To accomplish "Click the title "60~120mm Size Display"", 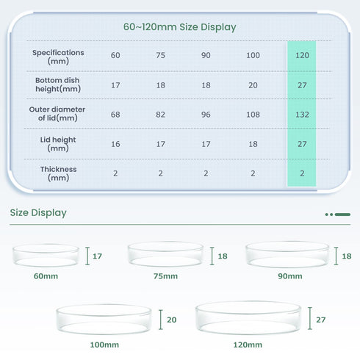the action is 179,27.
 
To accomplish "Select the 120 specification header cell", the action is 302,55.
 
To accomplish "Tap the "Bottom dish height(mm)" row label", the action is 58,84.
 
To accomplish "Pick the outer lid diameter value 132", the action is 302,115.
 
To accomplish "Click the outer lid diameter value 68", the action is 115,115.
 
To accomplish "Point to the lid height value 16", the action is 115,144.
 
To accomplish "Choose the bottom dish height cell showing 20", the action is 253,85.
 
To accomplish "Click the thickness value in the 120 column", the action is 302,173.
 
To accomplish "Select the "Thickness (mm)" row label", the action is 58,173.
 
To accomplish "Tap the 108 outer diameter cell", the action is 253,115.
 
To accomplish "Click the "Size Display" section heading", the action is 38,212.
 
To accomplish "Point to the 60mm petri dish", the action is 46,255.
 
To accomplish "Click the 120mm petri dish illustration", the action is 248,317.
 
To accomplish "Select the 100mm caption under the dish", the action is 104,345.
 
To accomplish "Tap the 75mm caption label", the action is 165,276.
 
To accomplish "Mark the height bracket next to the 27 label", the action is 310,318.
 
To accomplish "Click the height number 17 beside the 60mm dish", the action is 97,256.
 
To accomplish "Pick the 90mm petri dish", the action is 287,254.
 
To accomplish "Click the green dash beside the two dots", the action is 342,215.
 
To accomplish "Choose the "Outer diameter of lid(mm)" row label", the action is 57,114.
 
